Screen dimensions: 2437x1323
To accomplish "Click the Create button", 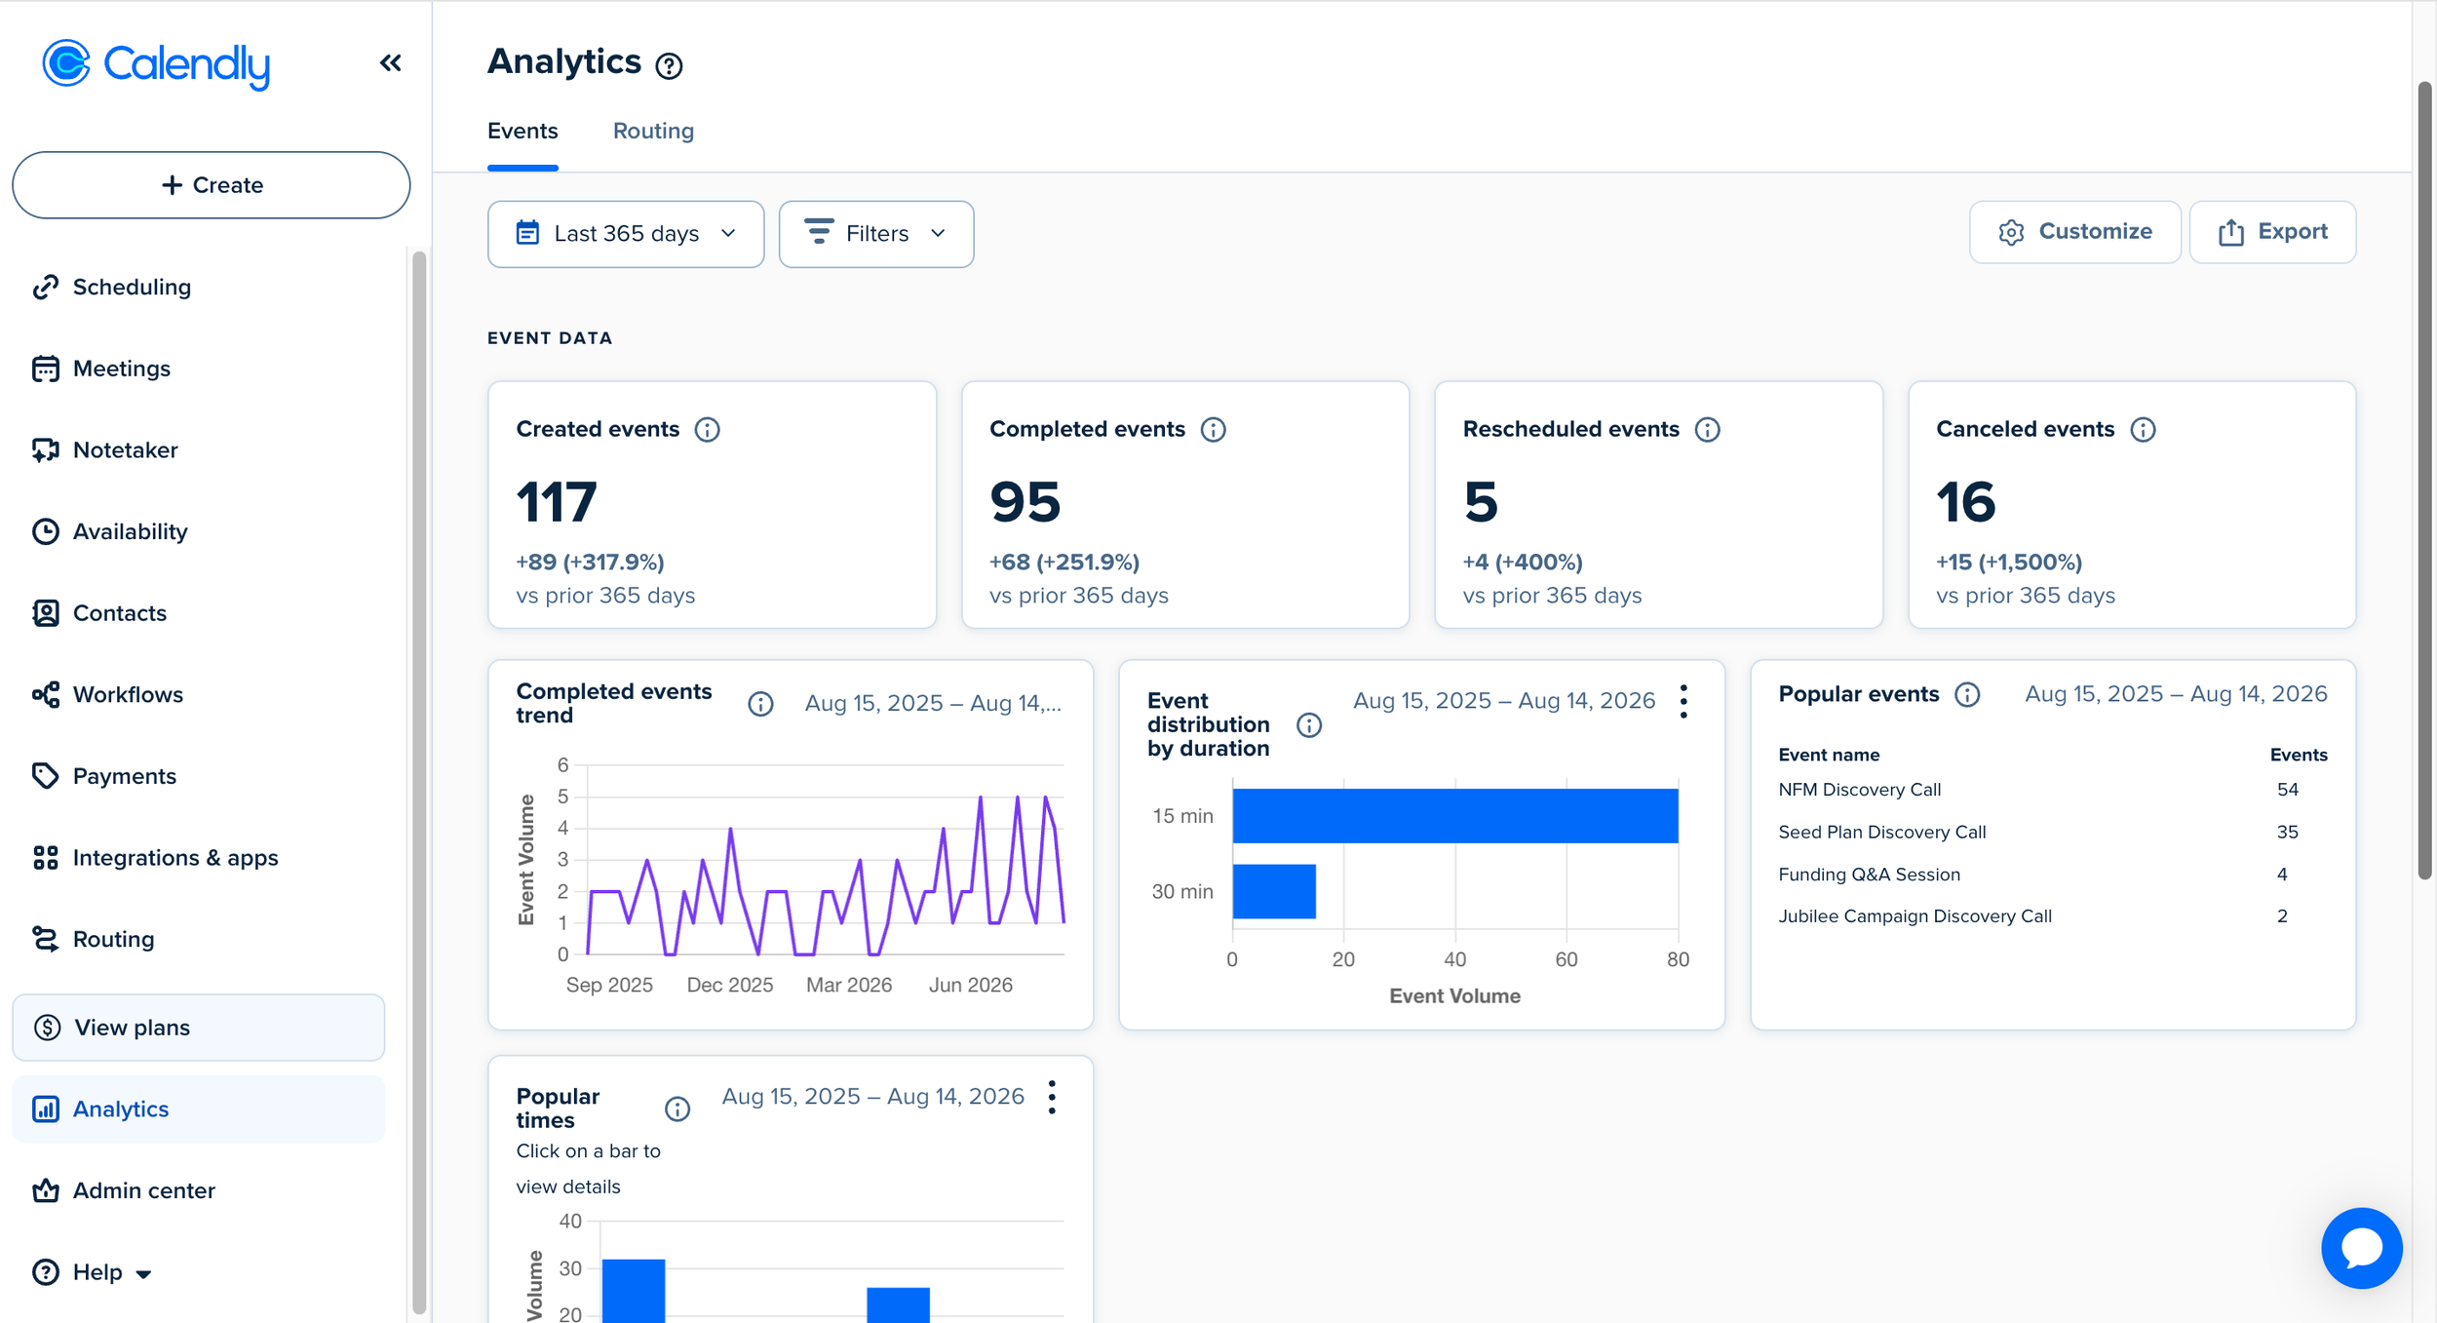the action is pyautogui.click(x=211, y=185).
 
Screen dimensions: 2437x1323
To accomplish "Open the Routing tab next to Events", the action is pyautogui.click(x=653, y=131).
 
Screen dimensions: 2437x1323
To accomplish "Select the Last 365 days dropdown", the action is pyautogui.click(x=626, y=234).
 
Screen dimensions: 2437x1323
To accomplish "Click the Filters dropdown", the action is pyautogui.click(x=876, y=234).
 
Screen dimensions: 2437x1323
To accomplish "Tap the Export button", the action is pyautogui.click(x=2272, y=232).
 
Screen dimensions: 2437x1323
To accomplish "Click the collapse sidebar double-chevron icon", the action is pyautogui.click(x=391, y=63).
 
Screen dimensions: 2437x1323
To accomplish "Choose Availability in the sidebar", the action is pyautogui.click(x=130, y=531).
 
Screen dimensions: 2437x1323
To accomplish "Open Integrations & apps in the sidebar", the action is pyautogui.click(x=175, y=858).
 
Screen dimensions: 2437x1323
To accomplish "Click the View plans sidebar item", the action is pyautogui.click(x=199, y=1028).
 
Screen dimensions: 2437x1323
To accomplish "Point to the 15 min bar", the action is pyautogui.click(x=1455, y=816).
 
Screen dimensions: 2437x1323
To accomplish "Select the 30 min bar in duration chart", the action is pyautogui.click(x=1274, y=891).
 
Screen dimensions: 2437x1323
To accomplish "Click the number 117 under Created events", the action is pyautogui.click(x=557, y=502).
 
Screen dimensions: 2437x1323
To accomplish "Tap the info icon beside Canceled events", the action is pyautogui.click(x=2143, y=430).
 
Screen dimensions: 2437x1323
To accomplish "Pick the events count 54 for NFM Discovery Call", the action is pyautogui.click(x=2287, y=790).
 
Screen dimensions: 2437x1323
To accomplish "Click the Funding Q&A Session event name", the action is pyautogui.click(x=1869, y=875).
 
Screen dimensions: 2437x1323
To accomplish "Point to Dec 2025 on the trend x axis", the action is pyautogui.click(x=730, y=985).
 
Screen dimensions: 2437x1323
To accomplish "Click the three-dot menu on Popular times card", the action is pyautogui.click(x=1052, y=1097).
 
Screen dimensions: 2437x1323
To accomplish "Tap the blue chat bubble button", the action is pyautogui.click(x=2361, y=1248).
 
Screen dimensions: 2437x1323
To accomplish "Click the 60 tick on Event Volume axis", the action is pyautogui.click(x=1567, y=959).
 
